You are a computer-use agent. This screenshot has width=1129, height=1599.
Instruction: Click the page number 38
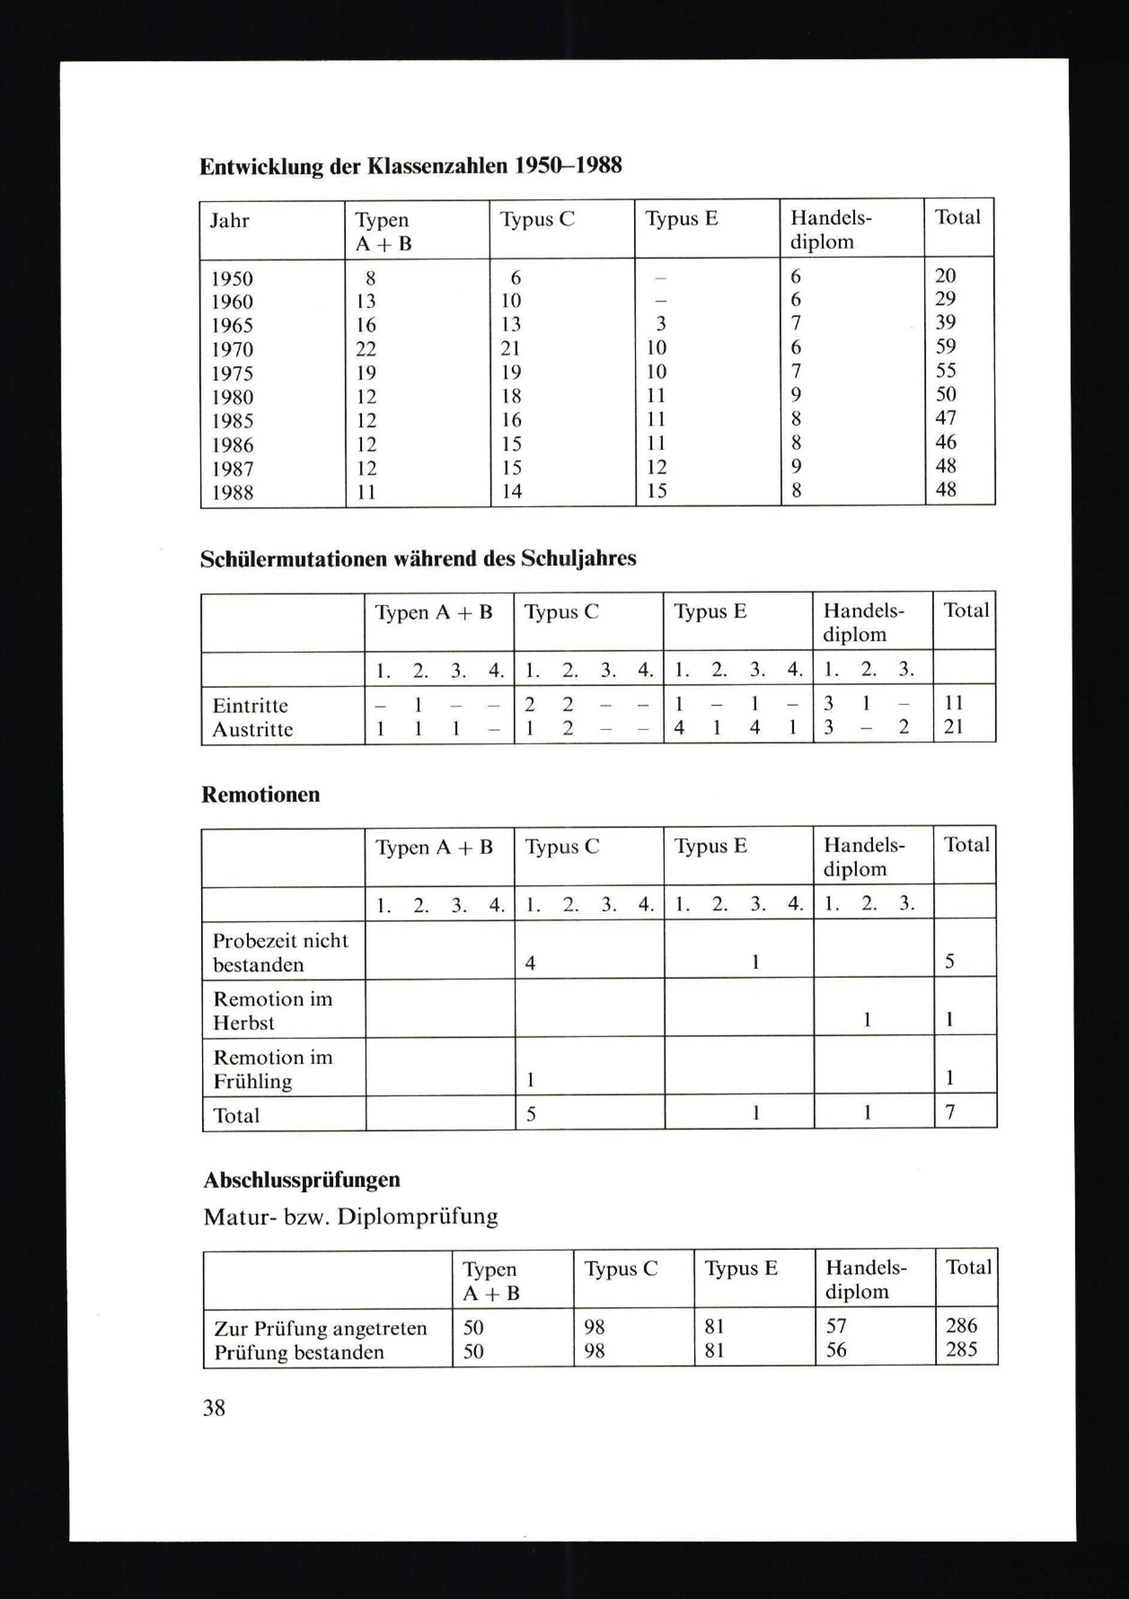click(214, 1408)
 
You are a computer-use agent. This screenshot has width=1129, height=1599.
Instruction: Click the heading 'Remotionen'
click(260, 795)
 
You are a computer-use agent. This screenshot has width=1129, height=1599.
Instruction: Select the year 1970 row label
click(232, 349)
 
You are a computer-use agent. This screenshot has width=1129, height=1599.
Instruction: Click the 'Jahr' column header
click(229, 221)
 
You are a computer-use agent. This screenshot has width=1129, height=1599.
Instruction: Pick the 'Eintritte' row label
click(250, 706)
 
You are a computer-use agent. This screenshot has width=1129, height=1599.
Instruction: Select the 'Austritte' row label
click(252, 730)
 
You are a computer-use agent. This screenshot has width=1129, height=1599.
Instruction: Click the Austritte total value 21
click(953, 726)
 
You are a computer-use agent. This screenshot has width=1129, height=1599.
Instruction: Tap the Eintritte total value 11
click(953, 703)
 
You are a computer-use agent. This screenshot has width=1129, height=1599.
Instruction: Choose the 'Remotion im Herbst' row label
click(272, 1010)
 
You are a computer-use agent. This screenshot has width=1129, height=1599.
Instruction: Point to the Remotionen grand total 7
click(949, 1112)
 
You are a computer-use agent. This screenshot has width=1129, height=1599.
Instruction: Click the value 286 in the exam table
click(961, 1325)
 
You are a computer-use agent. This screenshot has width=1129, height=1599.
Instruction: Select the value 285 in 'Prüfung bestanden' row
click(961, 1349)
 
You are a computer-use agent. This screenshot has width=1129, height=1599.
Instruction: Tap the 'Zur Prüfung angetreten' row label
click(321, 1328)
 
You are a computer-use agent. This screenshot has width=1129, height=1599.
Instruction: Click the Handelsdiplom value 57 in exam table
click(837, 1325)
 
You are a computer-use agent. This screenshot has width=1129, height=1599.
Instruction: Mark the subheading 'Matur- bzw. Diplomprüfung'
click(351, 1217)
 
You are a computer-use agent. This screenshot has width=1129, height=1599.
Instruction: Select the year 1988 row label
click(232, 492)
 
